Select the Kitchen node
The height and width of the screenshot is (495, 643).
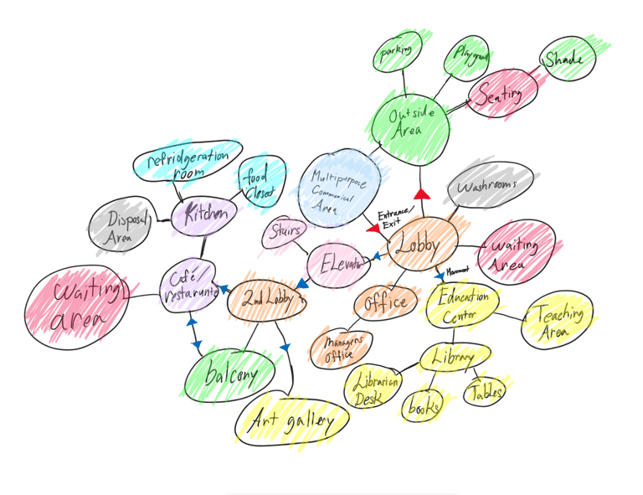(x=205, y=214)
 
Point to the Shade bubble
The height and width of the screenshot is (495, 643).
(x=567, y=60)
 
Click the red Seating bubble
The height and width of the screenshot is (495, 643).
(x=501, y=95)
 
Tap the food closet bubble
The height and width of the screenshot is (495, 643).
(x=255, y=183)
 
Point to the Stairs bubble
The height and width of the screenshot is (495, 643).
(x=286, y=232)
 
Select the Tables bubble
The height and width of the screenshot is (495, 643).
(x=486, y=390)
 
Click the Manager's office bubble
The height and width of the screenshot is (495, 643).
(x=337, y=347)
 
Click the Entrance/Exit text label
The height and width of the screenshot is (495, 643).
(x=394, y=219)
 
